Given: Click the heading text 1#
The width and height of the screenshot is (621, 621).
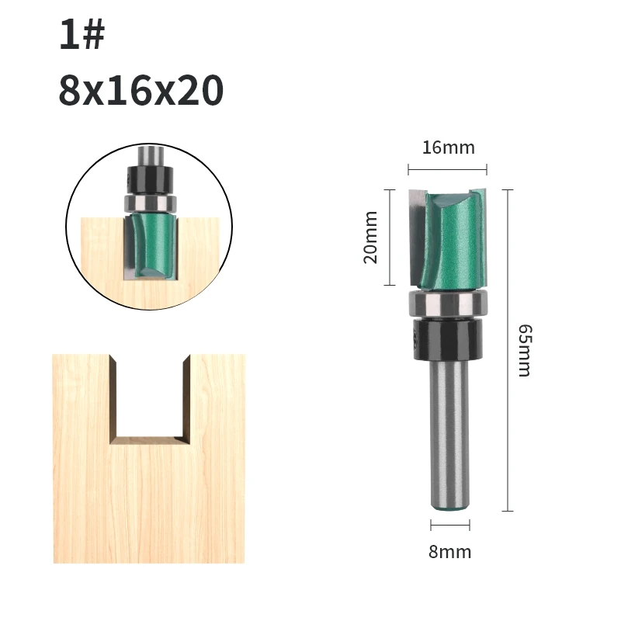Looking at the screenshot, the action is click(82, 35).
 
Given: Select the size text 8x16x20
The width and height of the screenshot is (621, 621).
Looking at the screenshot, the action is click(141, 90).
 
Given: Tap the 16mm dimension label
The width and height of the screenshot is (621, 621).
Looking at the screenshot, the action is click(449, 147).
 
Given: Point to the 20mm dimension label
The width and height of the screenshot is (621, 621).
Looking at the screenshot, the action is click(371, 238).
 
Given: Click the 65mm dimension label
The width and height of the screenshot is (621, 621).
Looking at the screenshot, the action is click(526, 351).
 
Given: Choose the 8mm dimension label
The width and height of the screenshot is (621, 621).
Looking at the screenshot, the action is click(450, 552).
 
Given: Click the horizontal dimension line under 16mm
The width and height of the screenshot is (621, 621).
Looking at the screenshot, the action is click(448, 169).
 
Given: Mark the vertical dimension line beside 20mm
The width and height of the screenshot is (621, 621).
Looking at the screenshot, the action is click(390, 238).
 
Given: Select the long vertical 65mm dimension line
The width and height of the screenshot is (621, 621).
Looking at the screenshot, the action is click(508, 351).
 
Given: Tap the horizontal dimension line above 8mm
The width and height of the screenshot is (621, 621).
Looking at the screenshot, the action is click(450, 526).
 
